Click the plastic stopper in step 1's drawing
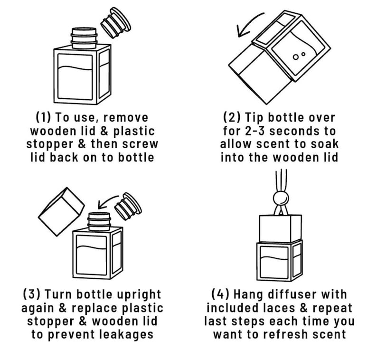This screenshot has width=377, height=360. click(x=116, y=23)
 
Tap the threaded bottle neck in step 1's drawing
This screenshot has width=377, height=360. click(x=84, y=38)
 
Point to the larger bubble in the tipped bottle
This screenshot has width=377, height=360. click(x=296, y=57)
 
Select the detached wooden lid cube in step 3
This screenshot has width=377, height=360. click(x=61, y=212)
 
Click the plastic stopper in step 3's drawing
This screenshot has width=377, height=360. click(x=128, y=206)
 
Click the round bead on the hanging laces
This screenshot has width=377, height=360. click(x=281, y=199)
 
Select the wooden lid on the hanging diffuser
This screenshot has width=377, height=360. click(x=280, y=228)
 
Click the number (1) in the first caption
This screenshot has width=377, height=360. click(x=43, y=117)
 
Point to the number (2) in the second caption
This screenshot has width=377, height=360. click(x=232, y=117)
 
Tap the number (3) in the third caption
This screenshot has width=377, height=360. click(x=31, y=294)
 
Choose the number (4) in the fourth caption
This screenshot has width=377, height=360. click(x=220, y=294)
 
